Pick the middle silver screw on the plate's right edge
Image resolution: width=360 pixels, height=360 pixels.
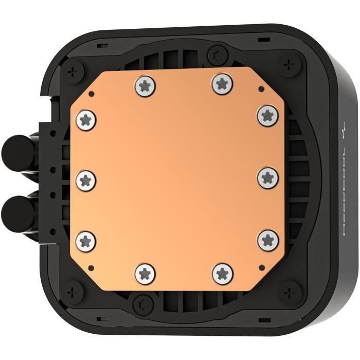pos(268,177)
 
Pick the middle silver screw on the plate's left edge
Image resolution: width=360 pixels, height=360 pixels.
pos(85,179)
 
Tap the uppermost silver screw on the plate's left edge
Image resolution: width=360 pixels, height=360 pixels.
pos(85,119)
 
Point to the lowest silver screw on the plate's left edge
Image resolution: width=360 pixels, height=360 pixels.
pos(85,239)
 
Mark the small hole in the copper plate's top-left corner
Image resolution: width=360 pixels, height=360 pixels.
pos(91,94)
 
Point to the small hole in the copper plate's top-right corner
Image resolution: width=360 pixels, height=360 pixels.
pos(261,89)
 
